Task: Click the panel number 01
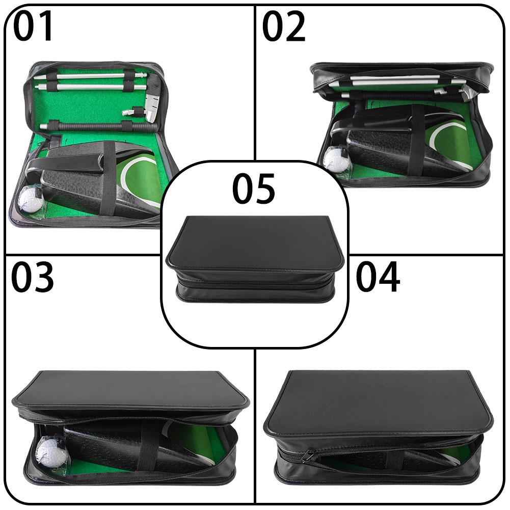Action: (33, 26)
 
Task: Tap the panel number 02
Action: (284, 26)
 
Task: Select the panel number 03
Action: (33, 277)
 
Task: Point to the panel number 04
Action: (378, 277)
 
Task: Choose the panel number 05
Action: (254, 189)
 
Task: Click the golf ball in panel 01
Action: (31, 199)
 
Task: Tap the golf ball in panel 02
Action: (334, 158)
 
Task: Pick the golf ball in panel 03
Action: (51, 452)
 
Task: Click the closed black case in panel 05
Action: (255, 259)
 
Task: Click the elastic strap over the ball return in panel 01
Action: (109, 179)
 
